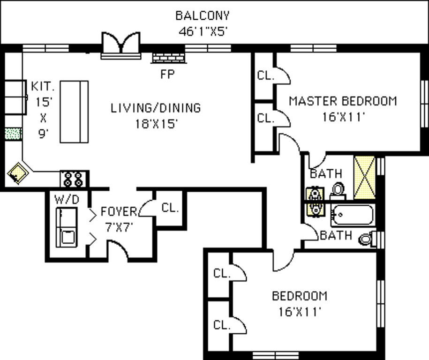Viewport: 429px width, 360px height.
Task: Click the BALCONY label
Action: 203,15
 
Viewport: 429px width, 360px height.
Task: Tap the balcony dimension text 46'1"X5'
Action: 203,32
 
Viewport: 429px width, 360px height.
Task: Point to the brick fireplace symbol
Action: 168,58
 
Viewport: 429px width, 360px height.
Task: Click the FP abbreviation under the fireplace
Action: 167,74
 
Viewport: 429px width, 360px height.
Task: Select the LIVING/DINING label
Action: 156,108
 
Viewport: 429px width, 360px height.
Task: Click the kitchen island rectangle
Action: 74,111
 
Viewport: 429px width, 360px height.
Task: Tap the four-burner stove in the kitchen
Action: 74,179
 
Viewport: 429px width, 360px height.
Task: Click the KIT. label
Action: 43,87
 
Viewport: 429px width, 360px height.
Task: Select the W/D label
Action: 67,199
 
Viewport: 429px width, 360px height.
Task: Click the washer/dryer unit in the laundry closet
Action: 66,227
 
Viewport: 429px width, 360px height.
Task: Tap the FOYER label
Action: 119,212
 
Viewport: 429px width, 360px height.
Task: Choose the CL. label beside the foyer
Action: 170,208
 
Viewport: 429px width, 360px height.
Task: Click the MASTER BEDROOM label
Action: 343,101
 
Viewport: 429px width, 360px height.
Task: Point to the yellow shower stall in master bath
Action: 364,177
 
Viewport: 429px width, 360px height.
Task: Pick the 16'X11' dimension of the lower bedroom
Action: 300,311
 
